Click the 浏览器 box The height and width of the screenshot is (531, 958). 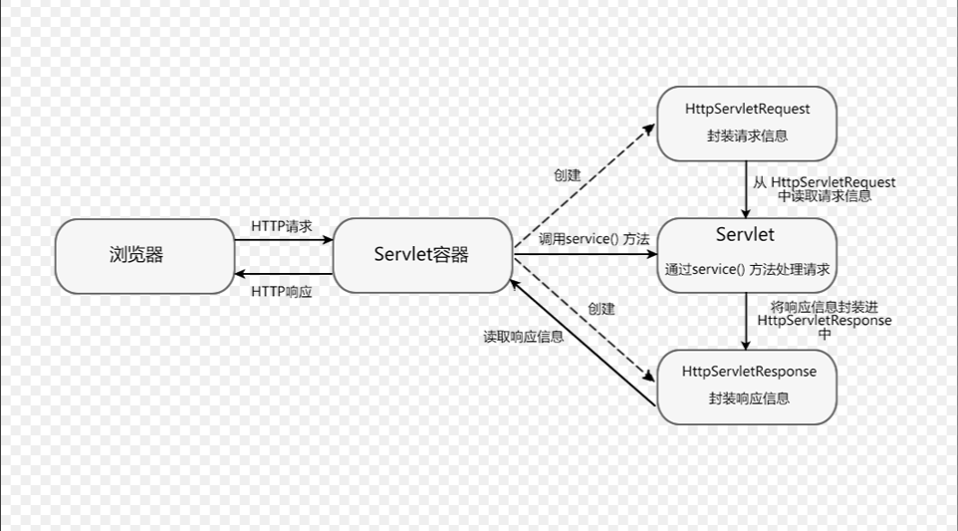[x=144, y=256]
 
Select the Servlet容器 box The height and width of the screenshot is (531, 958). [x=422, y=255]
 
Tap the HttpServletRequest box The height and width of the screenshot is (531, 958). [x=747, y=124]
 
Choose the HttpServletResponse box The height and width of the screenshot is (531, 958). [x=747, y=386]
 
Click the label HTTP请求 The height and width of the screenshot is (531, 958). [x=282, y=226]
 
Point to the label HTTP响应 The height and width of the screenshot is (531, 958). [x=282, y=291]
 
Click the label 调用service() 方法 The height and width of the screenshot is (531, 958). [x=594, y=239]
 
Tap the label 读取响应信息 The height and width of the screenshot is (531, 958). [x=523, y=337]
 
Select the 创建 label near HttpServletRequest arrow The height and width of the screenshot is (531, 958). [x=567, y=175]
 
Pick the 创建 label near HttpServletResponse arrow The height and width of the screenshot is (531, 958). [x=601, y=309]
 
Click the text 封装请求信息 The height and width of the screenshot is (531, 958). [x=747, y=136]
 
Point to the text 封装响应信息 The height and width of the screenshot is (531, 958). [x=749, y=398]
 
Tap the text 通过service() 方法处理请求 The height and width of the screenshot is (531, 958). [x=747, y=269]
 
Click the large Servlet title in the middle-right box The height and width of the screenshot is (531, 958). [x=745, y=235]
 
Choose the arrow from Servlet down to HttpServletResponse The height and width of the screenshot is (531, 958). [x=747, y=321]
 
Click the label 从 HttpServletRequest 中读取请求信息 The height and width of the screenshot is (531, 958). [x=825, y=189]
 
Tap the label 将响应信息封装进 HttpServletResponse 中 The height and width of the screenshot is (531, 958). [x=825, y=321]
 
